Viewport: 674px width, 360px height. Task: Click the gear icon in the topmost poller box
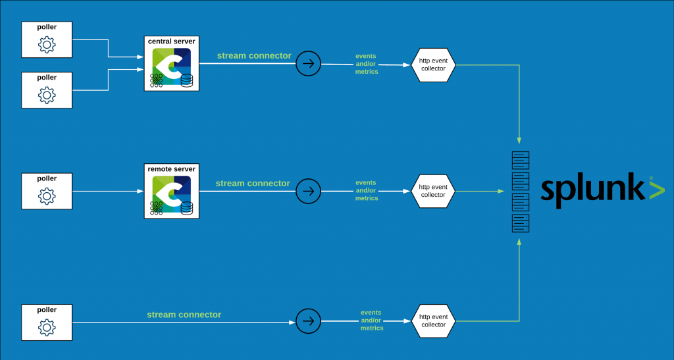point(47,45)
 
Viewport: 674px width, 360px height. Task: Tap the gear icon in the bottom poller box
point(47,327)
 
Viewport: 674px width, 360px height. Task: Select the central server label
point(172,41)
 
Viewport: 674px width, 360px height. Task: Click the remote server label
point(172,169)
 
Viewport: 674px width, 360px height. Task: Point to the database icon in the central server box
point(187,80)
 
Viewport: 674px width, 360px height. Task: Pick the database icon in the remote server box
point(187,208)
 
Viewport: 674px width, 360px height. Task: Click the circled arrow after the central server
point(307,64)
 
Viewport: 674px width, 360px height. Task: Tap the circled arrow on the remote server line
point(307,191)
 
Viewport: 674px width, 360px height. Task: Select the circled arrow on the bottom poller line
point(307,321)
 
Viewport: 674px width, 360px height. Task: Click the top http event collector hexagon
point(433,64)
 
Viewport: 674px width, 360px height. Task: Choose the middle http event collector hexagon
point(433,191)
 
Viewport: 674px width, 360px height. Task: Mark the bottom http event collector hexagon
point(433,321)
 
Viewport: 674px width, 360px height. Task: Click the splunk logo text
point(592,190)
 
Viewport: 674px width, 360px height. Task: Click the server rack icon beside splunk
point(521,192)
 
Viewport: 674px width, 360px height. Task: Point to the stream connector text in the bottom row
point(184,315)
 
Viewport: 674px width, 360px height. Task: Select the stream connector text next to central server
point(254,56)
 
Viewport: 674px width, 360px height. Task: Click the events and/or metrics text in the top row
point(367,64)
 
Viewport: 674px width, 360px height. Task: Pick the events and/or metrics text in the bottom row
point(372,320)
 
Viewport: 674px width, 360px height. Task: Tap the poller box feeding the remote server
point(47,192)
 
